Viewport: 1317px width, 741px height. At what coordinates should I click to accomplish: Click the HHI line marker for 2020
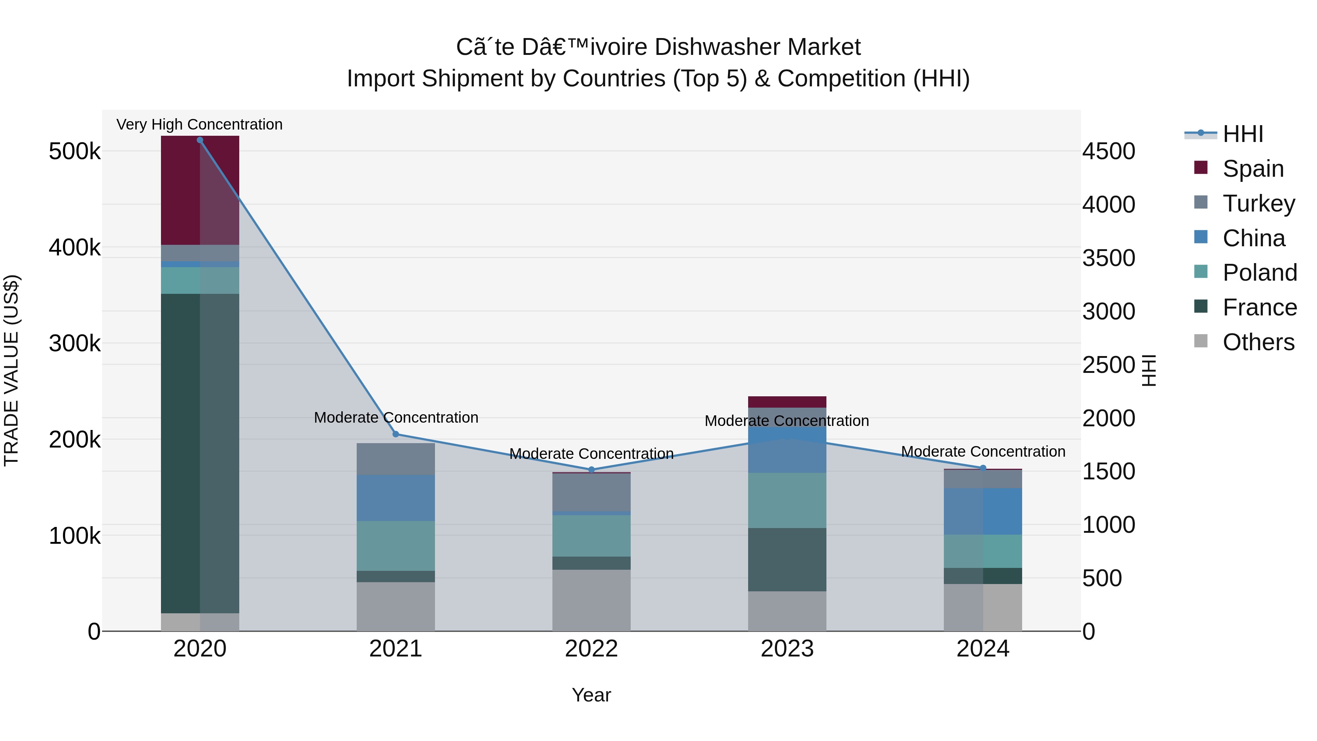coord(200,140)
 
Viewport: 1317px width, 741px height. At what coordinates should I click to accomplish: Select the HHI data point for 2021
coord(396,434)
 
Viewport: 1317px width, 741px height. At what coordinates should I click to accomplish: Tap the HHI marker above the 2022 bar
coord(592,469)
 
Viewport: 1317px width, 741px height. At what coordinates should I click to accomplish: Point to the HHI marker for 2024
coord(983,468)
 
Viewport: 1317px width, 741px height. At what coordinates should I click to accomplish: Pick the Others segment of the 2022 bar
coord(592,600)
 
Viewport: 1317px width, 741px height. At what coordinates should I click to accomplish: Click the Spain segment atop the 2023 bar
coord(787,402)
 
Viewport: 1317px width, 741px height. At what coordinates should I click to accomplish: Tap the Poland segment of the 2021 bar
coord(396,546)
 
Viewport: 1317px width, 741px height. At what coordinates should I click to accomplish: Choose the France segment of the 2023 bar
coord(787,560)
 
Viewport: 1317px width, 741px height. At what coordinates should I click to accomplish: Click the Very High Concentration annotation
coord(199,125)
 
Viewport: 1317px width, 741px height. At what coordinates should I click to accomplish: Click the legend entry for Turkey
coord(1259,203)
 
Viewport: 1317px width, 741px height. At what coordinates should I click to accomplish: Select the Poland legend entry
coord(1260,273)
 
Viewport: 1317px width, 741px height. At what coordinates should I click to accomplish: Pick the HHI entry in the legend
coord(1243,134)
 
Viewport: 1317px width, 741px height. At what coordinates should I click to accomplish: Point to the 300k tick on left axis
coord(75,344)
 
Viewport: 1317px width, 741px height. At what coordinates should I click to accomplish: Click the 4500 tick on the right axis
coord(1108,151)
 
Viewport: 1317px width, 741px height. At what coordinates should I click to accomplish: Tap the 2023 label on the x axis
coord(787,649)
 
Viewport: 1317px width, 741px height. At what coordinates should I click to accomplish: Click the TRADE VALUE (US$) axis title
coord(11,370)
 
